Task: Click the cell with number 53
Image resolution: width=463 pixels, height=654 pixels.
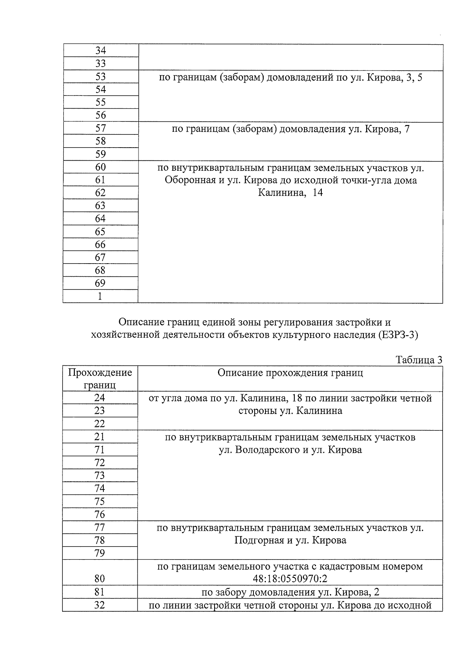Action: [100, 77]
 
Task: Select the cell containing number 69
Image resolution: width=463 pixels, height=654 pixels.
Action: [100, 283]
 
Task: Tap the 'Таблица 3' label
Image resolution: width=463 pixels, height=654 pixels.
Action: [419, 360]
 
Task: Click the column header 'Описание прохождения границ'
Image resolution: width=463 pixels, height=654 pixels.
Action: [290, 373]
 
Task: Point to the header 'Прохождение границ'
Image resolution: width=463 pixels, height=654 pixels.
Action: [100, 378]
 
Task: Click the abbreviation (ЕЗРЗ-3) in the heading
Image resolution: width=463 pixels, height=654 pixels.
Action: [398, 335]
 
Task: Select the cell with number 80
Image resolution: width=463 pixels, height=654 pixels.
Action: [100, 579]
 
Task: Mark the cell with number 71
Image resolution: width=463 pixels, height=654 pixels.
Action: [100, 450]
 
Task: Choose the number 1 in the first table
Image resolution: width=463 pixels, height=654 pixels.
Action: [100, 296]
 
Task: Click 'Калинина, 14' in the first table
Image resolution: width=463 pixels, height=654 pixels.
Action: [290, 193]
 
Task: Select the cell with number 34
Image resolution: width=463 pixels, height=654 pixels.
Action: [100, 50]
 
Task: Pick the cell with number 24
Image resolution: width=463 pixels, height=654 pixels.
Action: [100, 398]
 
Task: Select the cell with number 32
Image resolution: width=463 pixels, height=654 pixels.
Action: [100, 605]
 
